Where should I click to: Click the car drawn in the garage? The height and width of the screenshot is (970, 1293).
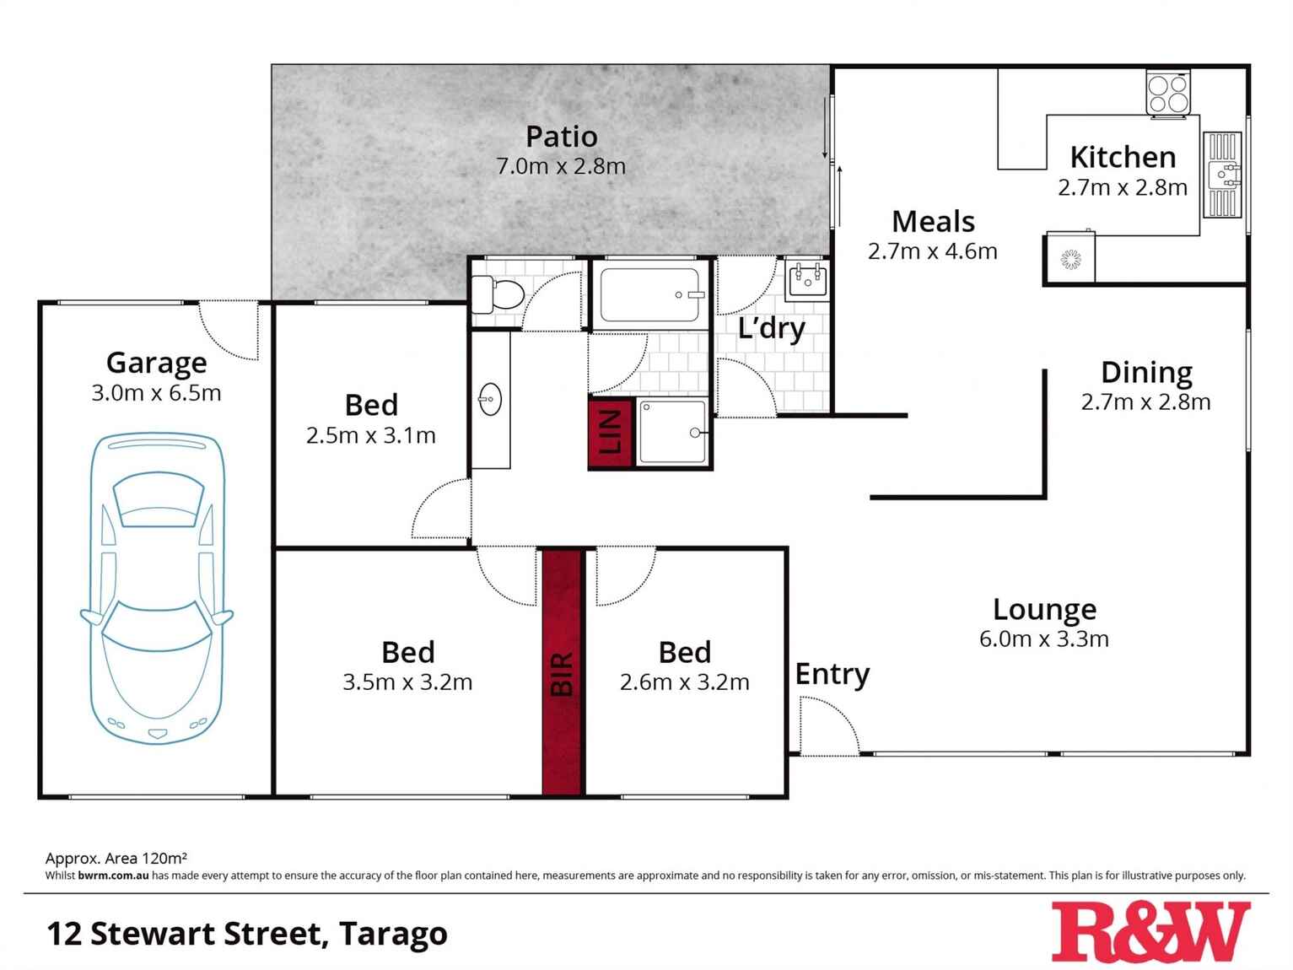click(157, 589)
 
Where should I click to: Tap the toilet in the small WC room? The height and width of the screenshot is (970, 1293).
click(498, 294)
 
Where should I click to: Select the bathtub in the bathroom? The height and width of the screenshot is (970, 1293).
click(650, 294)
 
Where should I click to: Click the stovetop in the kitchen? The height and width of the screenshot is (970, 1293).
click(1168, 93)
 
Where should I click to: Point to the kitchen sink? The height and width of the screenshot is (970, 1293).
click(1222, 175)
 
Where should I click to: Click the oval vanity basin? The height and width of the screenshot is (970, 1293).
click(489, 399)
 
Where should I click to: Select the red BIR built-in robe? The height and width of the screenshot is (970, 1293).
click(563, 672)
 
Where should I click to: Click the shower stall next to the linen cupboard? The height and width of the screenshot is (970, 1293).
click(672, 433)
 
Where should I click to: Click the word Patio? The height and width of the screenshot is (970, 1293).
click(562, 137)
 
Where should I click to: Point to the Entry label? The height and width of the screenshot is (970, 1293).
click(832, 675)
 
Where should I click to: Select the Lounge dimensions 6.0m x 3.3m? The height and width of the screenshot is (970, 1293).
click(1044, 639)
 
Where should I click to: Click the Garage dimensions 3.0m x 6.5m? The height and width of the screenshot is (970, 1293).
click(156, 393)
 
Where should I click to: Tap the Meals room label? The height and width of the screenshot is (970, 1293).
click(933, 222)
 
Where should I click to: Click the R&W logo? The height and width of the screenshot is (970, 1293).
click(1151, 932)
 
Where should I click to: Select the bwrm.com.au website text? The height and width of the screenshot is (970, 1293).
click(113, 876)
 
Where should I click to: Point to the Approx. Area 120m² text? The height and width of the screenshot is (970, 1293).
click(116, 858)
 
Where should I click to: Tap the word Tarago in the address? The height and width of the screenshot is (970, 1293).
click(393, 934)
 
